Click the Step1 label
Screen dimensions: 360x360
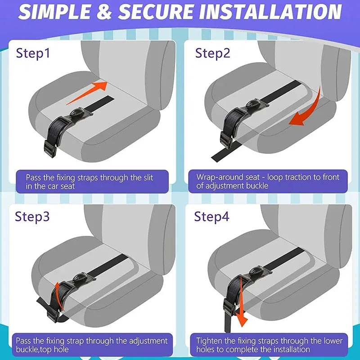coord(33,53)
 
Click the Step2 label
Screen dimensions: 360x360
coord(212,53)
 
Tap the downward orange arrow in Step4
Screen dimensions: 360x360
coord(241,301)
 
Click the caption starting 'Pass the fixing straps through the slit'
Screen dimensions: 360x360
coord(90,182)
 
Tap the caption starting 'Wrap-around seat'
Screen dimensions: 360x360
coord(268,182)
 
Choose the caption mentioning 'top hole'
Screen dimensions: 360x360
coord(90,345)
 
